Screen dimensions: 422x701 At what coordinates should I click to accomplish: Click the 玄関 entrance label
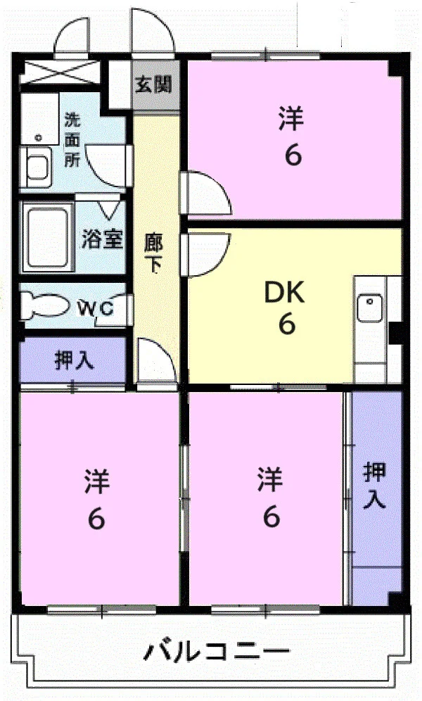click(x=153, y=84)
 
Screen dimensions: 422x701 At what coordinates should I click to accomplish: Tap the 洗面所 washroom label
click(x=72, y=140)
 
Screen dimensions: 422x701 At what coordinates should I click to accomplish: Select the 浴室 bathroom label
click(x=102, y=239)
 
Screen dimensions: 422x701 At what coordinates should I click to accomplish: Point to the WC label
click(x=96, y=308)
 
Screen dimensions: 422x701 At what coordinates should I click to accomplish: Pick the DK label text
click(x=284, y=292)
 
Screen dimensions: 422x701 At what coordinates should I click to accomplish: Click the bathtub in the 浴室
click(x=46, y=237)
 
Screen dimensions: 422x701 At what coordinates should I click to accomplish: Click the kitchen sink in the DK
click(x=370, y=308)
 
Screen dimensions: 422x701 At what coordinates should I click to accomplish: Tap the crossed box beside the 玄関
click(x=60, y=72)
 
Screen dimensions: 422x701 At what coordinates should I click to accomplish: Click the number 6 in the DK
click(x=287, y=324)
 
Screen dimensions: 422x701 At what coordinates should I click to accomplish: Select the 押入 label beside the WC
click(x=74, y=361)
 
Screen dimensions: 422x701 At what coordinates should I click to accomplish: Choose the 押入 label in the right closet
click(x=374, y=486)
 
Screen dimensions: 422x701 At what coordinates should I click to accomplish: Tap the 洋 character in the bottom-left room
click(x=97, y=481)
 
